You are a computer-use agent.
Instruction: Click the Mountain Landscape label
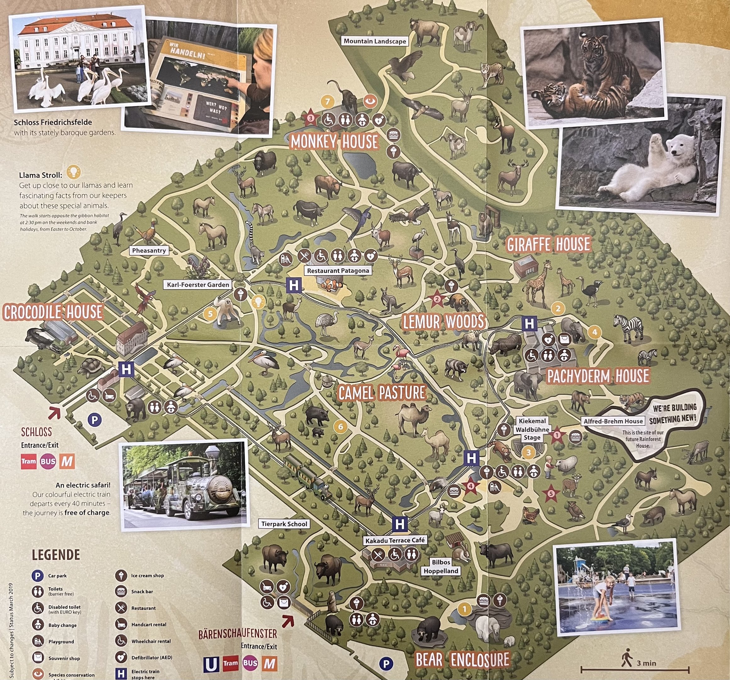tap(375, 41)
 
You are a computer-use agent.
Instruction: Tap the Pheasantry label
tap(149, 250)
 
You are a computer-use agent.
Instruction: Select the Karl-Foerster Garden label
tap(198, 285)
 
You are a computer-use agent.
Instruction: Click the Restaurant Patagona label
tap(338, 270)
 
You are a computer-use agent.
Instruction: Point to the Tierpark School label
tap(284, 524)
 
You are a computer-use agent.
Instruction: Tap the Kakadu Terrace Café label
tap(395, 540)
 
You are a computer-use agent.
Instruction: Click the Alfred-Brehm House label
tap(613, 421)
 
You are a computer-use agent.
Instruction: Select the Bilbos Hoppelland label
tap(441, 566)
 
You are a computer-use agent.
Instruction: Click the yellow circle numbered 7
tap(327, 101)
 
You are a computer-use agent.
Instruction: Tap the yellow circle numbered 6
tap(341, 426)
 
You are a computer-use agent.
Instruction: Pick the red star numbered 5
tap(551, 493)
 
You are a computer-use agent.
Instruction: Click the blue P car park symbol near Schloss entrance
tap(95, 419)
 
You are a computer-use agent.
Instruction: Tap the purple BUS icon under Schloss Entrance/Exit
tap(48, 462)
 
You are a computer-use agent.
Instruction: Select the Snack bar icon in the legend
tap(121, 592)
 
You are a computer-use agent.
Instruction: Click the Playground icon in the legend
tap(38, 641)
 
